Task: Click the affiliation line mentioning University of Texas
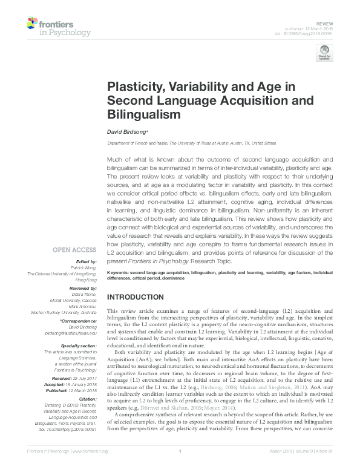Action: pos(191,143)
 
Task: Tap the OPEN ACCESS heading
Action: pos(74,249)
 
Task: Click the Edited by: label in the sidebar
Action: pos(85,261)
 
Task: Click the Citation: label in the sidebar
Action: pos(85,399)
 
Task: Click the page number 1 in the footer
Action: pos(180,467)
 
